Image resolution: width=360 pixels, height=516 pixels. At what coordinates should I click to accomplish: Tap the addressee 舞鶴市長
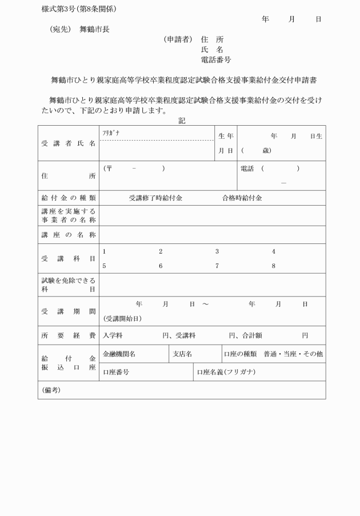coord(94,29)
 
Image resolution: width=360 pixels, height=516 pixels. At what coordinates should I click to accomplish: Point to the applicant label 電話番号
coord(216,59)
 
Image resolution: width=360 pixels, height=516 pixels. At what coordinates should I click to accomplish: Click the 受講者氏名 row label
coord(69,143)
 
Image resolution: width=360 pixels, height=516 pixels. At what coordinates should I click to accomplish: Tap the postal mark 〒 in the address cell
coord(109,169)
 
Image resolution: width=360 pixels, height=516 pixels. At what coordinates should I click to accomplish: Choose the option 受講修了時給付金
coord(155,198)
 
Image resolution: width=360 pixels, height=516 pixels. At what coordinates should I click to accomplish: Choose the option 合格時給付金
coord(242,198)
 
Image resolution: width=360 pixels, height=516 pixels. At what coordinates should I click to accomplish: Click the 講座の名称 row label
coord(69,235)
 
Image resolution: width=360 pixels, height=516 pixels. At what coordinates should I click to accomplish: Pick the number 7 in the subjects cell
coord(217,266)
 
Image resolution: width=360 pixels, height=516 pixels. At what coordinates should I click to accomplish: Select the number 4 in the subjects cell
coord(274,251)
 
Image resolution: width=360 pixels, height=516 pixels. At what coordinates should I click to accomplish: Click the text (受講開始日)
coord(122,318)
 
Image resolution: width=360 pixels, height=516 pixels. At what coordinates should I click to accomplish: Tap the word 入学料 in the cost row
coord(113,335)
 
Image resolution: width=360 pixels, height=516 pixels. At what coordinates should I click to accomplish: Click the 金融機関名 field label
coord(119,354)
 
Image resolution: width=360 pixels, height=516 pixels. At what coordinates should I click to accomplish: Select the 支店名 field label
coord(182,354)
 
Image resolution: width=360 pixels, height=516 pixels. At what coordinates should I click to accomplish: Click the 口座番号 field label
coord(115,372)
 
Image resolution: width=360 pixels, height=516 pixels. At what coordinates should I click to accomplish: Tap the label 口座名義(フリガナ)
coord(226,372)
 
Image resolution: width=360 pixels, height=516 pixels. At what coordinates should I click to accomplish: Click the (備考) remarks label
coord(51,390)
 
